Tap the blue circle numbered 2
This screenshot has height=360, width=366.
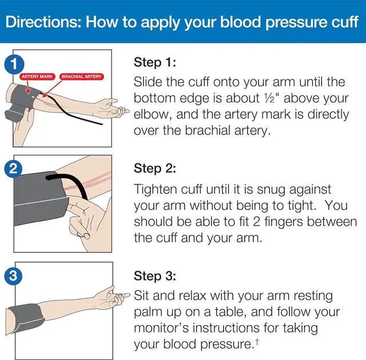coord(10,169)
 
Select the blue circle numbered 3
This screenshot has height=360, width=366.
coord(10,276)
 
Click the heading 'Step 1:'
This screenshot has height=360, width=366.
coord(154,62)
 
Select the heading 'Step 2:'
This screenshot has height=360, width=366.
coord(154,168)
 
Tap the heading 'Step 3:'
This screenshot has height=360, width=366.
coord(154,276)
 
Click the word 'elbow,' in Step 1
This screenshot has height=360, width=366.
coord(152,113)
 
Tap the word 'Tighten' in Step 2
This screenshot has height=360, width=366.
coord(156,188)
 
